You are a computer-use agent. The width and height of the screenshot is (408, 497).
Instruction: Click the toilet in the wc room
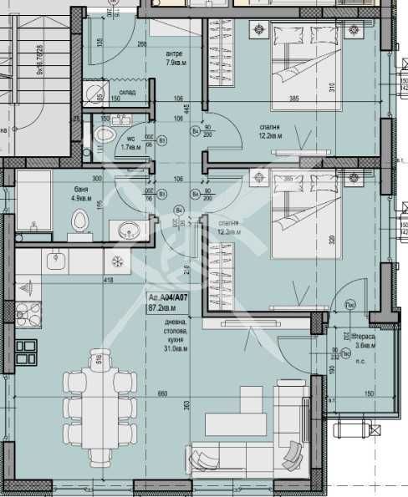tap(103, 134)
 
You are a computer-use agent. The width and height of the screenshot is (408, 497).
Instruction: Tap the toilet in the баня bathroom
tap(80, 221)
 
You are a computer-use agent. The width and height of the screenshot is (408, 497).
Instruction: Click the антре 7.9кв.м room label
tap(176, 58)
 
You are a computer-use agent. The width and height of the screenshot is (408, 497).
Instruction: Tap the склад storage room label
tap(125, 94)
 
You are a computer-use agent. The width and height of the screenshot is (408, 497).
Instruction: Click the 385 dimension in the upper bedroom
tap(294, 98)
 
